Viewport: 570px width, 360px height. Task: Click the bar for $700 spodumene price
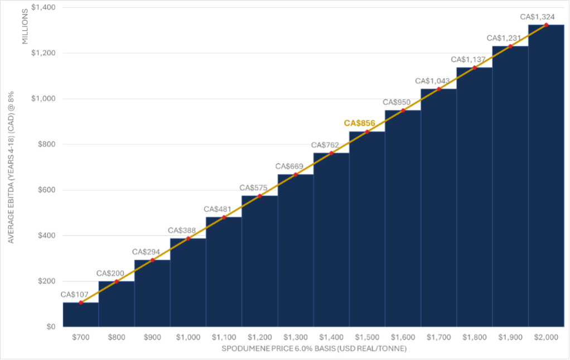[81, 315]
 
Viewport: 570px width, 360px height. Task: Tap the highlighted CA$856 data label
[360, 123]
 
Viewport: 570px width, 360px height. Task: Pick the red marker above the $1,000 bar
[188, 238]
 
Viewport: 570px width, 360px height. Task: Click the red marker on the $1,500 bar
[367, 132]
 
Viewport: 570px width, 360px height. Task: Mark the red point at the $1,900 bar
[510, 46]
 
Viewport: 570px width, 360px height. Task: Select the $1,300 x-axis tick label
[296, 338]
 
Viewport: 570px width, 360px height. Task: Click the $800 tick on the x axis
[117, 338]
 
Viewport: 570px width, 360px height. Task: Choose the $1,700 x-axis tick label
[438, 338]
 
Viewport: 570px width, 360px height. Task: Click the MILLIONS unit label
[25, 27]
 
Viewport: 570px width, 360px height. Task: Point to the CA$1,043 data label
[432, 81]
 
